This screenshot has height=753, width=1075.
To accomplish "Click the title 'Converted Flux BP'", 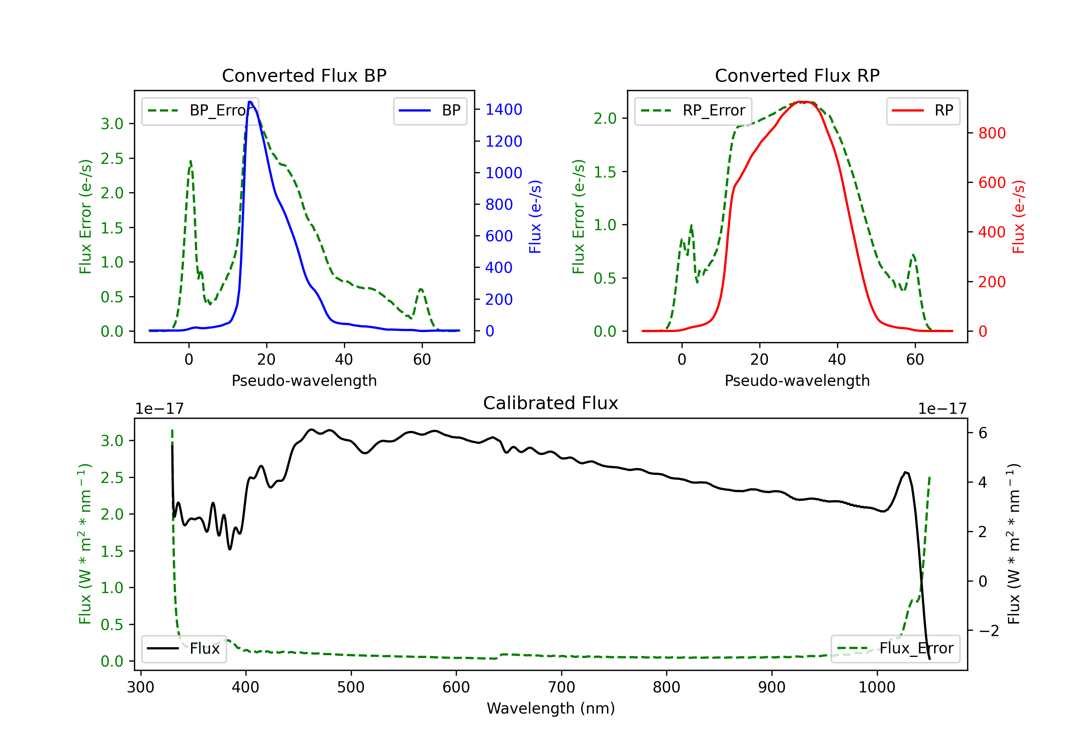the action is click(x=304, y=75).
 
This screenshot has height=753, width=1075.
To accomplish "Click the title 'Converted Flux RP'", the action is click(x=797, y=75).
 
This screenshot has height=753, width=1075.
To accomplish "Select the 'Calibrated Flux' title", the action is click(x=551, y=403).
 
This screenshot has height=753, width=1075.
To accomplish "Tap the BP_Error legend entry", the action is click(x=200, y=110).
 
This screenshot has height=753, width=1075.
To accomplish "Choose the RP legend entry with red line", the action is click(x=922, y=110).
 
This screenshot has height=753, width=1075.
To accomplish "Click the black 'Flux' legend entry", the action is click(x=183, y=649).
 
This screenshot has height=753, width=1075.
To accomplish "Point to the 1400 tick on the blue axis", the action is click(x=503, y=110).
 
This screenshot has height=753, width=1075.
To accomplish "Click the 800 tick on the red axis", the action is click(x=992, y=133).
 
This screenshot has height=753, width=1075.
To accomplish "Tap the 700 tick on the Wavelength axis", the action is click(x=562, y=687).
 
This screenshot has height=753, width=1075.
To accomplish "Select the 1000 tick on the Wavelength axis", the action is click(x=877, y=687).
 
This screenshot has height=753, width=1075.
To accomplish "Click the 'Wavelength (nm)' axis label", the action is click(x=551, y=708).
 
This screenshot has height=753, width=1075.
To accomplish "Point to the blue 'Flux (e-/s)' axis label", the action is click(x=535, y=217).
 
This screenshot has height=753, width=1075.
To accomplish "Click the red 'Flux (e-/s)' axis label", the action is click(x=1018, y=217).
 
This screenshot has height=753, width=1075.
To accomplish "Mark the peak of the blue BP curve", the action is click(x=250, y=102).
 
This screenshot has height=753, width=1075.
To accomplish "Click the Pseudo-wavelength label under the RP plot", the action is click(x=797, y=380).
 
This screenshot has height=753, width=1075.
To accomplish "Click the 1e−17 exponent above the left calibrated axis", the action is click(x=159, y=409).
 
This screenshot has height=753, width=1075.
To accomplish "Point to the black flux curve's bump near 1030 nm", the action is click(x=906, y=473).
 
